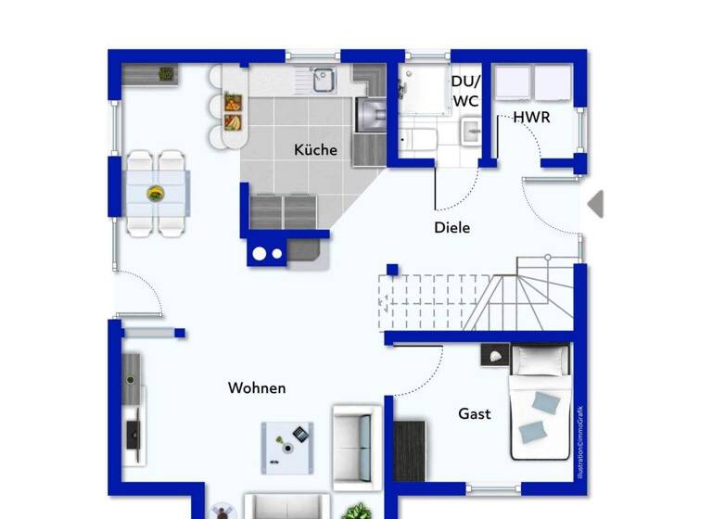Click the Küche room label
click(x=316, y=150)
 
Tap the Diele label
click(x=452, y=227)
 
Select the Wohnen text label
click(x=257, y=388)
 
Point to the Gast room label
click(x=475, y=414)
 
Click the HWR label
click(x=532, y=118)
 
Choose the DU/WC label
click(x=465, y=90)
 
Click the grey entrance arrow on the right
click(x=595, y=204)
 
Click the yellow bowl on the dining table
click(x=156, y=194)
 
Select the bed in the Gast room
click(x=541, y=408)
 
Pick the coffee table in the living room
click(x=287, y=448)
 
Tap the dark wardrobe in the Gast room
click(x=409, y=450)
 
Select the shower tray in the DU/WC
click(x=423, y=89)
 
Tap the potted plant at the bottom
click(x=354, y=511)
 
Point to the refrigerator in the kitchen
click(x=370, y=116)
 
